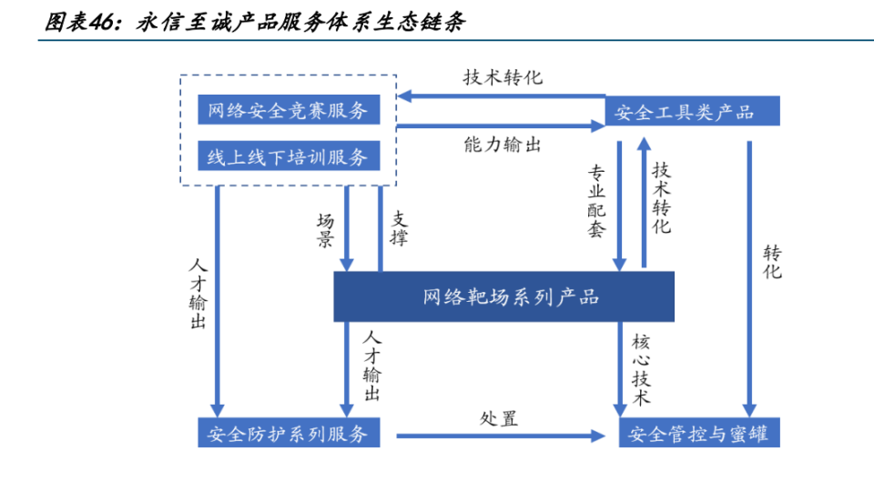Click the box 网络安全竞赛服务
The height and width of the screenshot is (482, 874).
287,111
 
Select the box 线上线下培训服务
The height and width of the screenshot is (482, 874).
287,156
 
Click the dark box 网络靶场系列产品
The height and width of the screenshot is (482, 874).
503,296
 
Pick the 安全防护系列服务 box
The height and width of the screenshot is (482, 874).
287,434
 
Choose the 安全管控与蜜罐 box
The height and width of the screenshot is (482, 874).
699,434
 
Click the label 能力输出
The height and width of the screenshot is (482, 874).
502,145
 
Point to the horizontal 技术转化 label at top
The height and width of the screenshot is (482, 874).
502,77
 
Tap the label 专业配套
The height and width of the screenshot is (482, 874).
597,201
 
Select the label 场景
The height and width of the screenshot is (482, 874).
325,231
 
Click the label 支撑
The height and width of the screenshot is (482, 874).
400,228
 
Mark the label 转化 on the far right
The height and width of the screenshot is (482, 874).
772,262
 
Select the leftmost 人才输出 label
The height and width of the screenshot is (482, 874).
198,295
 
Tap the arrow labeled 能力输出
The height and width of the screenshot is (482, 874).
502,127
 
